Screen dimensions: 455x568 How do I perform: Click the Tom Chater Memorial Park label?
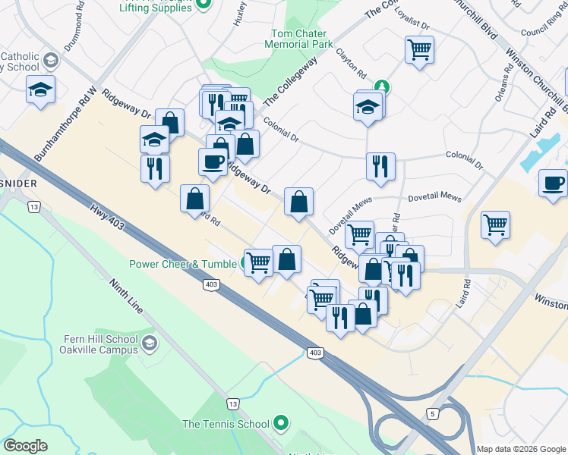pos(303,39)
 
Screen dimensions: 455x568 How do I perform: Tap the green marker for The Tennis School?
pos(281,423)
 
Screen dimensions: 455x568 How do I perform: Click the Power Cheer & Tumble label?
pos(183,264)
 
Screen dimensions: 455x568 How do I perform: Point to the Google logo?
pos(25,446)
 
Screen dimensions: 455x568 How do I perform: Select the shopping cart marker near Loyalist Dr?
pos(419,50)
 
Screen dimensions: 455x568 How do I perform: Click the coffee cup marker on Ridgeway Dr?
pos(212,162)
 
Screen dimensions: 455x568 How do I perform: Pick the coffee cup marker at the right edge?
pos(553,183)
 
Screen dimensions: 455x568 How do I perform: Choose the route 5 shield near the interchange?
pos(432,413)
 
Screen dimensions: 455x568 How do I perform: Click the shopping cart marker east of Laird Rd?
pos(495,224)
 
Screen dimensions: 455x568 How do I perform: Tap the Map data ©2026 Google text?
pos(521,449)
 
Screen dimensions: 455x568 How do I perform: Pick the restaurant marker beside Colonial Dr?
pos(380,166)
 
